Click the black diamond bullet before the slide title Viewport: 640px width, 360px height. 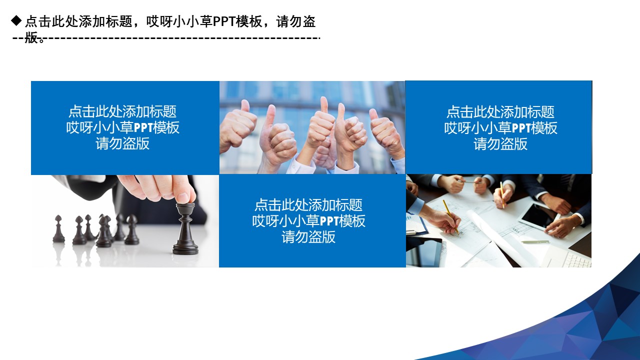point(16,20)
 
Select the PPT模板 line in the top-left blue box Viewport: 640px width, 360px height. point(123,127)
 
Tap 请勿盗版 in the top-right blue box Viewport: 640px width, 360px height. point(500,144)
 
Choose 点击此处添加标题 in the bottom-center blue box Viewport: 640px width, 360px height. point(308,205)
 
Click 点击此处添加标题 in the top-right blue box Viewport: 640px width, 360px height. point(500,111)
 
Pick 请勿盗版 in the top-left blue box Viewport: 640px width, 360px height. point(123,144)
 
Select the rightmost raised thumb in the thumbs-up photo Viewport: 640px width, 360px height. point(374,116)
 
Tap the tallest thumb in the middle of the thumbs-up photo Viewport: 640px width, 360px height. point(324,106)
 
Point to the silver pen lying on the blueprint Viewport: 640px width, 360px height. point(535,242)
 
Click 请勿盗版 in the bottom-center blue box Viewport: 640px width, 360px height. point(308,237)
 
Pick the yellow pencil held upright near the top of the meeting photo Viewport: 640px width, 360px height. point(502,194)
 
